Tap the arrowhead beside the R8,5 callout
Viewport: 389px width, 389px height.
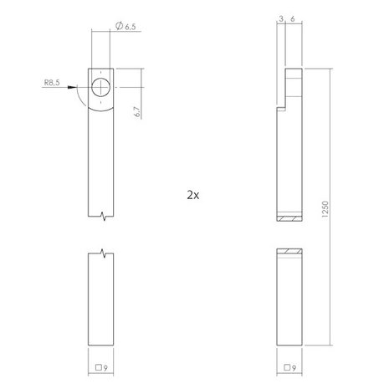84,85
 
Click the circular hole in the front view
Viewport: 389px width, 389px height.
102,88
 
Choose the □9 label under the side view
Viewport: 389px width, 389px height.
289,366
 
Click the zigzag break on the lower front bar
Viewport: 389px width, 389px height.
101,252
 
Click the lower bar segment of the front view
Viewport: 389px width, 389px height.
101,301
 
